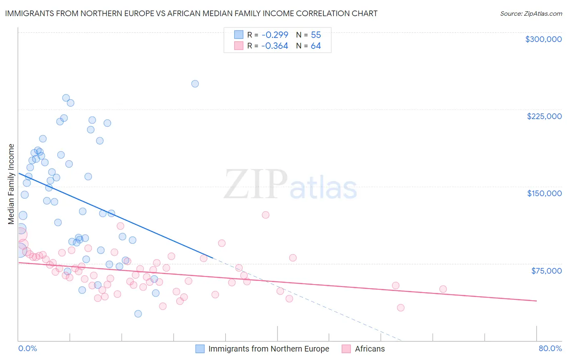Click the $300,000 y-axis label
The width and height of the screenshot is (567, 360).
(543, 39)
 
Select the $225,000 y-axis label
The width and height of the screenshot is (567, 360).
(544, 116)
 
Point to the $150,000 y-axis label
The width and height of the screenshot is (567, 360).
(544, 193)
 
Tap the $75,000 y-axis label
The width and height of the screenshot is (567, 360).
(546, 271)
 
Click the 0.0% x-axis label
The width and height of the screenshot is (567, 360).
(27, 348)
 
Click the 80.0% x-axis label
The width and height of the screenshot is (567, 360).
(550, 348)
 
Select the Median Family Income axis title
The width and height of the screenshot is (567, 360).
(11, 184)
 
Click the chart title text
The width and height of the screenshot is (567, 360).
(191, 13)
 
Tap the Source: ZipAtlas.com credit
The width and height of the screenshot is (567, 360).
(531, 14)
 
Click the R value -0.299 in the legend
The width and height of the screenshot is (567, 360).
(275, 35)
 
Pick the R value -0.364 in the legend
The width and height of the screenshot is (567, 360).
(275, 46)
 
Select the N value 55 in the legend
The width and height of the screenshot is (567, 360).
(316, 35)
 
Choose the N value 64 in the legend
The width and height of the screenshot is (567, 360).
(316, 46)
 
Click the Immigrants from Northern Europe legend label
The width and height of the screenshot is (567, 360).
(269, 349)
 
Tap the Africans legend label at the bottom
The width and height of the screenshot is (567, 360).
(370, 349)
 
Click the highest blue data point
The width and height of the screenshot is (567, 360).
(195, 84)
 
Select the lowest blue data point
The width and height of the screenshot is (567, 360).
(138, 314)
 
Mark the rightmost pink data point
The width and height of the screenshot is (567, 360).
(443, 289)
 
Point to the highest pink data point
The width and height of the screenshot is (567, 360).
(265, 215)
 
